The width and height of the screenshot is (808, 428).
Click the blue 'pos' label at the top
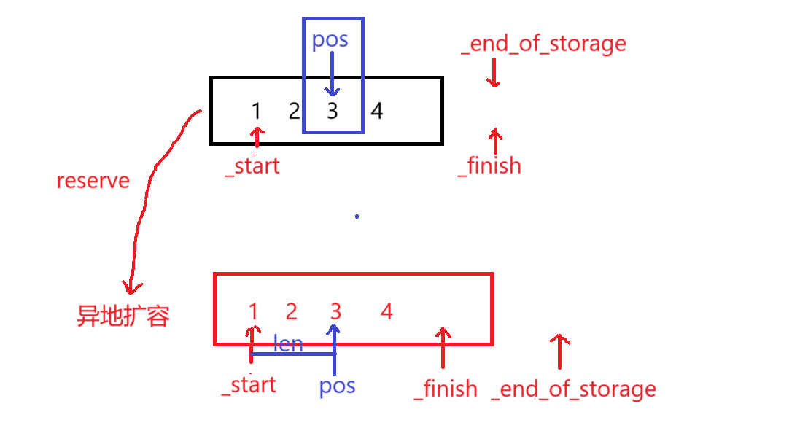[x=330, y=39]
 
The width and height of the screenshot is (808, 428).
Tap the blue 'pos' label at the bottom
[x=337, y=385]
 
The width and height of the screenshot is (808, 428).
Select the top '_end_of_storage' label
[x=543, y=44]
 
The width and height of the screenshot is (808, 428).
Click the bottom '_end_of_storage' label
[x=573, y=389]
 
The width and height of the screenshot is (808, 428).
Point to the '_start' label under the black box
[x=252, y=166]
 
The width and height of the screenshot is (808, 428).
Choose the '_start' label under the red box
[x=249, y=384]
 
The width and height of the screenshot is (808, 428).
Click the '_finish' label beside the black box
[x=489, y=166]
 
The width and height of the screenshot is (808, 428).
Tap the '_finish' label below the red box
[x=446, y=389]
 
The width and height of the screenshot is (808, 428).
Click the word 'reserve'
[x=93, y=181]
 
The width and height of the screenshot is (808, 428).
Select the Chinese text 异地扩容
[x=123, y=316]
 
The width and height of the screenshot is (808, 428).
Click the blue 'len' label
[x=288, y=343]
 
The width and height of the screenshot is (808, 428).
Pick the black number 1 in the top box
[x=256, y=111]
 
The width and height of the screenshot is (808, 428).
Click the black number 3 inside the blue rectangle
[x=333, y=112]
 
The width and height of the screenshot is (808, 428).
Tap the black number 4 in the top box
[x=376, y=111]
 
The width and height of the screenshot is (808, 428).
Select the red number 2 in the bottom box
[x=292, y=312]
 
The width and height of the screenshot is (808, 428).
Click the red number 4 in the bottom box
[x=386, y=312]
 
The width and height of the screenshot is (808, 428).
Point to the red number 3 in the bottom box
[x=335, y=312]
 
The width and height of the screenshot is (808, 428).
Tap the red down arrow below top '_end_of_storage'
[x=494, y=73]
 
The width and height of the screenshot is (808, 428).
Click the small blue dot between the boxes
[x=357, y=217]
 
